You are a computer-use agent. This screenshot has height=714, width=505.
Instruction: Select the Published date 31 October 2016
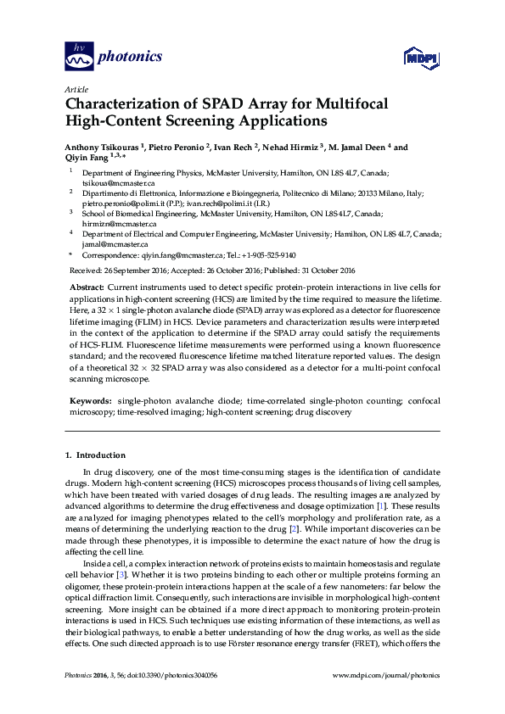click(327, 270)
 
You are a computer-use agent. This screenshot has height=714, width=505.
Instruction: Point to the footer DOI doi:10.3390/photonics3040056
click(163, 699)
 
